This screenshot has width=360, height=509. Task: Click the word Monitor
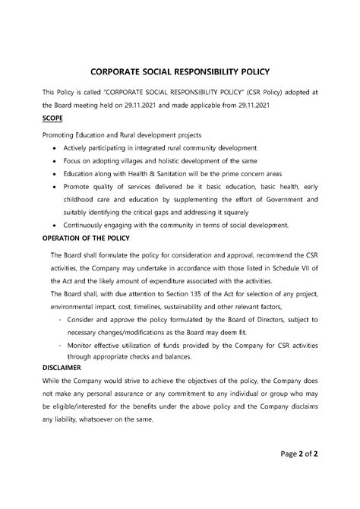pyautogui.click(x=82, y=345)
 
